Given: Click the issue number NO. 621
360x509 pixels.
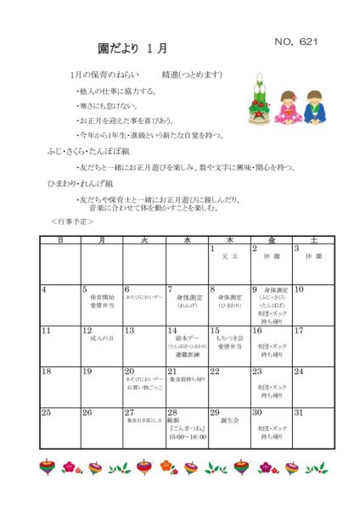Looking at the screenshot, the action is click(295, 42).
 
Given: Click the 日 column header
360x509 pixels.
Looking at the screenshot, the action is click(59, 240).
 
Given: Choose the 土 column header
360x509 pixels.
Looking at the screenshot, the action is click(314, 240).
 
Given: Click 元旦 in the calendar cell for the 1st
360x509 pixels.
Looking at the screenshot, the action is click(228, 256).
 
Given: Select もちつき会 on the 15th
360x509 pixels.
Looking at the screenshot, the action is click(230, 339).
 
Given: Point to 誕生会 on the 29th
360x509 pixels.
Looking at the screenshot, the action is click(230, 420).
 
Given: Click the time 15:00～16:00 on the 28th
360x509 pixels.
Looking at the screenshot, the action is click(187, 438).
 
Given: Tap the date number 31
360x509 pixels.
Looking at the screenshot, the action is click(298, 412).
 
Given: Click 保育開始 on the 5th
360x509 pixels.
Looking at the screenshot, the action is click(102, 298).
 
